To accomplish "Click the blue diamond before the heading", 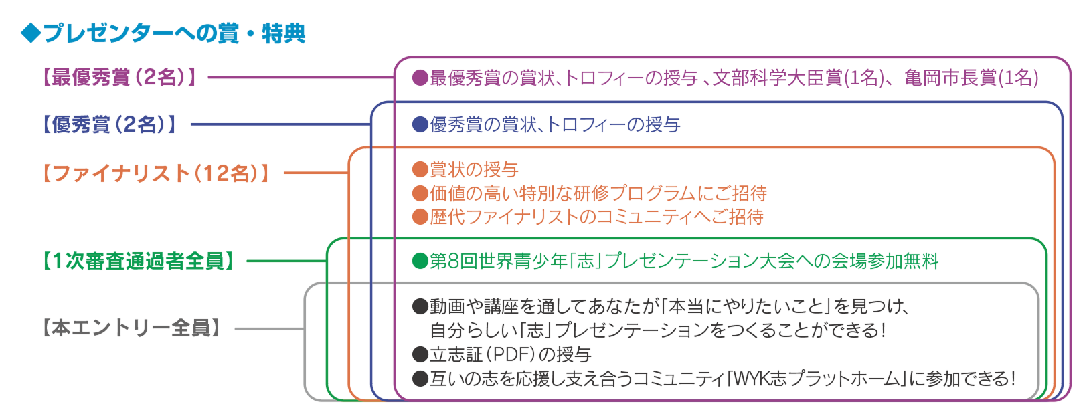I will (31, 33).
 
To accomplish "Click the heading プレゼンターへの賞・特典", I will (174, 33).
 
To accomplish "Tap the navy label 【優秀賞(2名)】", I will (109, 124).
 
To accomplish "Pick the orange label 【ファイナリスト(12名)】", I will (156, 173).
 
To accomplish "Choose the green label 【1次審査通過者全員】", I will (139, 261).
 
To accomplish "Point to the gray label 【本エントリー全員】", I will (131, 328).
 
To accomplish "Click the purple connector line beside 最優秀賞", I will (301, 78).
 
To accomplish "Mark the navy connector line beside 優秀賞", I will (281, 124).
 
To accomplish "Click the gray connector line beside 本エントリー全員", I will (270, 329).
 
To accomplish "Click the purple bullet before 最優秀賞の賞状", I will (420, 78).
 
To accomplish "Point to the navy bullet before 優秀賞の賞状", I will (420, 125).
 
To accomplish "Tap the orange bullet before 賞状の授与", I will (420, 169).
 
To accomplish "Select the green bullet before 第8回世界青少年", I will (420, 261).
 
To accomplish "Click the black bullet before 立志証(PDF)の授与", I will (420, 354).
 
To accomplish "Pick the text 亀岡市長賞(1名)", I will (971, 78).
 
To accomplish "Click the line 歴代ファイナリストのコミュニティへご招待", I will (596, 217).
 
